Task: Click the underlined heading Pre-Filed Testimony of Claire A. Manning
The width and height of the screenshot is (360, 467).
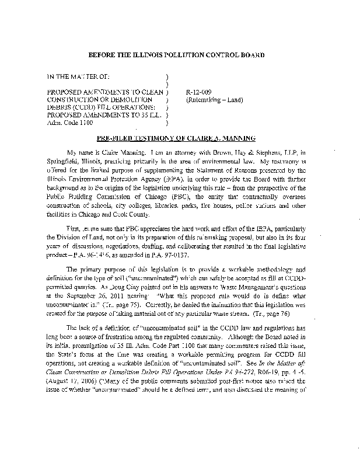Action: coord(177,138)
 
